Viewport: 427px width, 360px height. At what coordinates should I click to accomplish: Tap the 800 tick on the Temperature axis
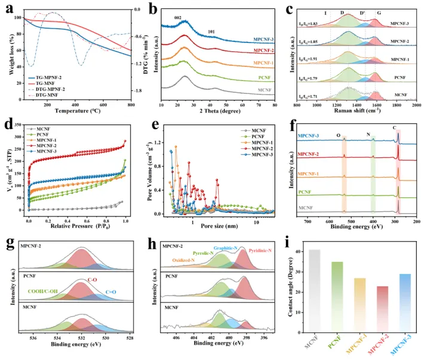[130, 105]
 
